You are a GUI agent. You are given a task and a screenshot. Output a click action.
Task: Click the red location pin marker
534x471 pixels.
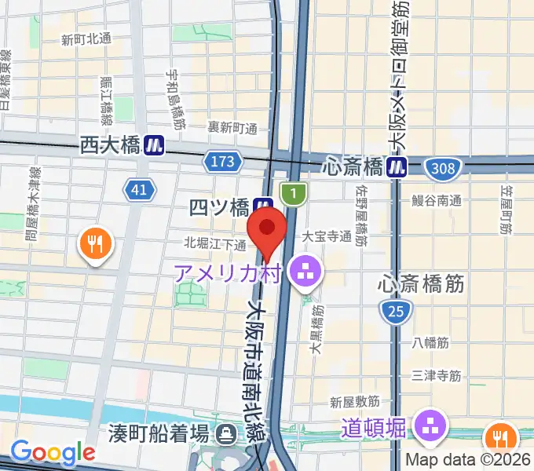pos(267,229)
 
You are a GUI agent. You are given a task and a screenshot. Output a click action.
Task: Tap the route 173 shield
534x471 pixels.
pos(221,162)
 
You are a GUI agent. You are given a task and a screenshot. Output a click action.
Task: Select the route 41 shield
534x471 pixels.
pos(139,188)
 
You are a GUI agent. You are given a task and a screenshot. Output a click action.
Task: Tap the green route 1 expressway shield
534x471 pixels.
pos(292,192)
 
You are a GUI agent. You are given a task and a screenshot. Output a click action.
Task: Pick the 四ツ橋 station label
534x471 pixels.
pos(220,208)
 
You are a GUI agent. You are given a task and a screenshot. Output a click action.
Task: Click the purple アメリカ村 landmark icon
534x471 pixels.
pos(302,272)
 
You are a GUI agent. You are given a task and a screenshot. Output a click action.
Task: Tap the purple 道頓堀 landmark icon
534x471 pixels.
pos(430,426)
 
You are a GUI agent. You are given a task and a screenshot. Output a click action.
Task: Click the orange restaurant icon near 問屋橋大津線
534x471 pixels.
pos(97,244)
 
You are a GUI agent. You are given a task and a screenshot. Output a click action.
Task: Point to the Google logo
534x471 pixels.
pos(53,452)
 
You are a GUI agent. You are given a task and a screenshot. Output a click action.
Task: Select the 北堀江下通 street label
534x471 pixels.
pos(216,244)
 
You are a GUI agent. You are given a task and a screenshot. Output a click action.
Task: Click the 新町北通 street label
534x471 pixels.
pos(86,39)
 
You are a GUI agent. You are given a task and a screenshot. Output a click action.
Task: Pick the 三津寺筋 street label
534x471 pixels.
pos(436,376)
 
